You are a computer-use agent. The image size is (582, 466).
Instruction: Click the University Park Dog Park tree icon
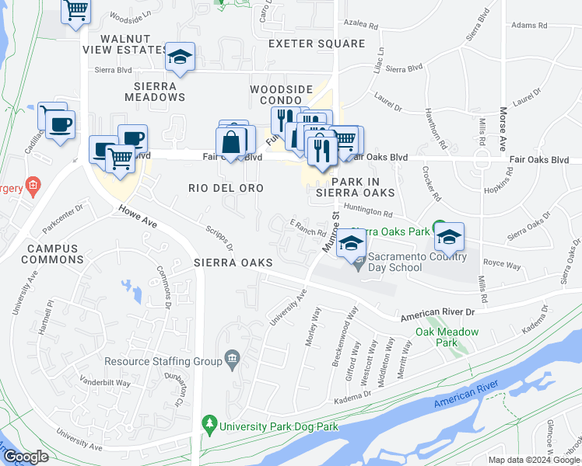209,425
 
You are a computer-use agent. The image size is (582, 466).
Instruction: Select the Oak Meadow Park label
447,336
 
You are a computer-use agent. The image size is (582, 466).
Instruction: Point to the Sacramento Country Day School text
417,262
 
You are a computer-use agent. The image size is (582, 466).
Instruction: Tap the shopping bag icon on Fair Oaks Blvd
232,142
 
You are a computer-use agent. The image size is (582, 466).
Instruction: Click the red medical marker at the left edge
32,186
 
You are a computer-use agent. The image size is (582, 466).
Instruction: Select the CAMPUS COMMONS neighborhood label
52,254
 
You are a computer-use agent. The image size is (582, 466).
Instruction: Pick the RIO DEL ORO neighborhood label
226,188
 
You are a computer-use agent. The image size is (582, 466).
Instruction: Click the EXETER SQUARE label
316,44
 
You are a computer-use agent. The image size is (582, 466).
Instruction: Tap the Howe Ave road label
138,217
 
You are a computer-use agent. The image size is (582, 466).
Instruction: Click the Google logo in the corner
26,457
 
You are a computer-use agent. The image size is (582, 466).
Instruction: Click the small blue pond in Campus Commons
132,291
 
